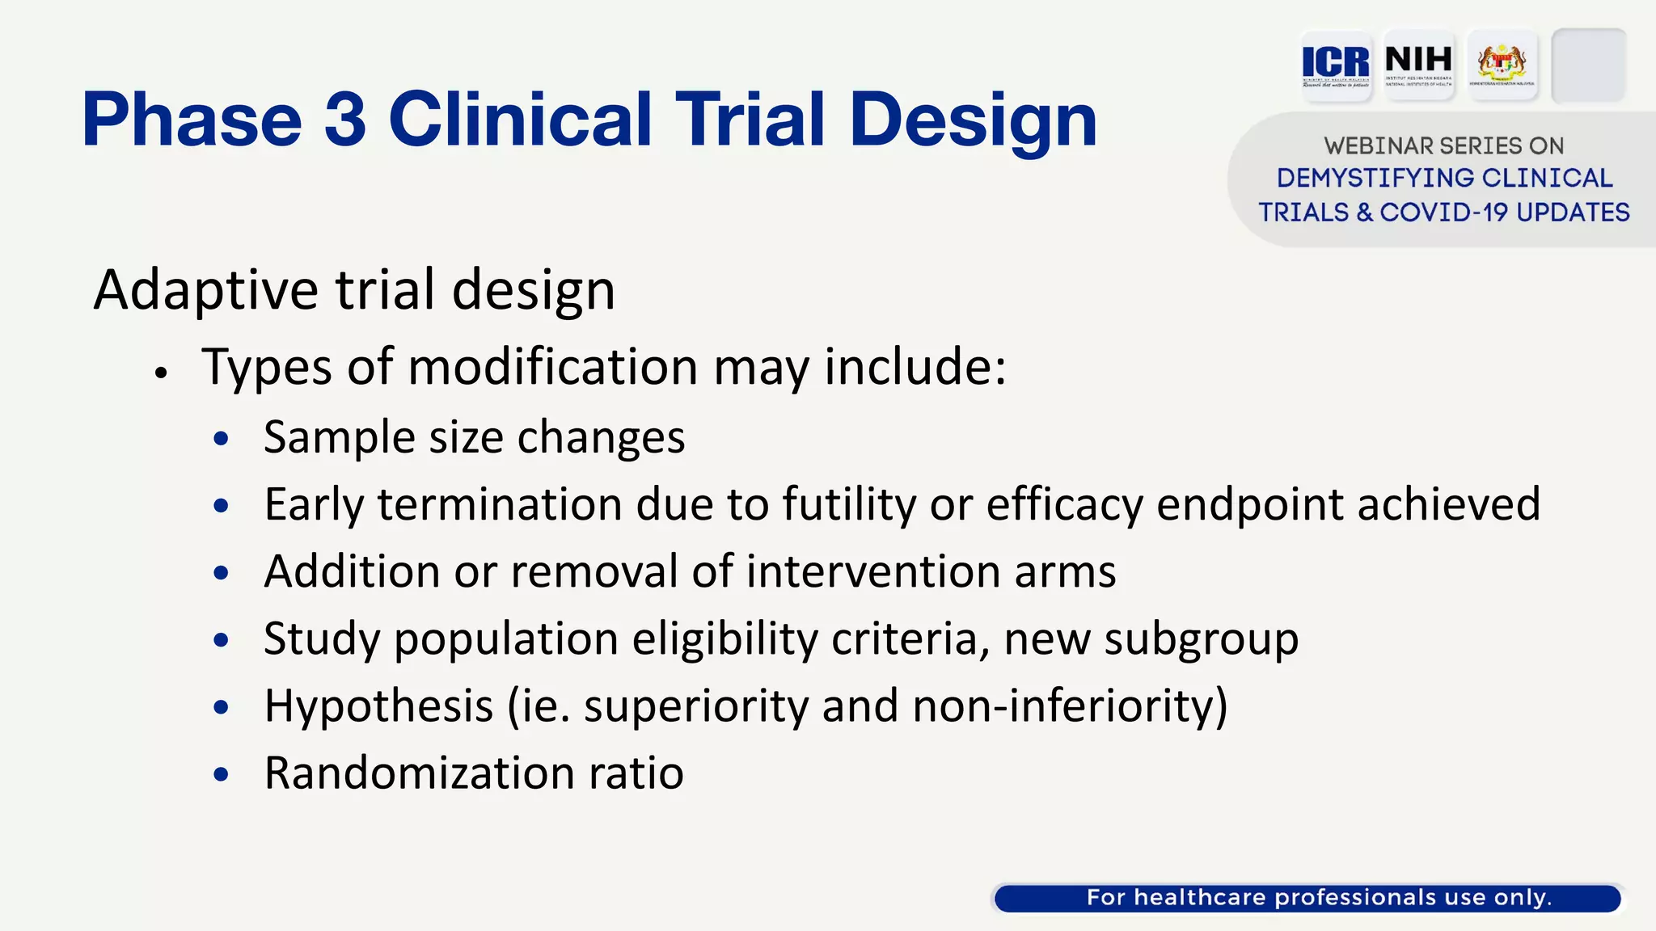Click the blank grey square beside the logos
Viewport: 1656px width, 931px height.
[1588, 65]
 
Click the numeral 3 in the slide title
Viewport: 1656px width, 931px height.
[345, 120]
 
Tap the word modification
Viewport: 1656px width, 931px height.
[553, 368]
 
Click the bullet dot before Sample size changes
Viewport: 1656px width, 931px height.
[221, 439]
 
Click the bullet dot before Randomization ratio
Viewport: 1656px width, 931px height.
[221, 774]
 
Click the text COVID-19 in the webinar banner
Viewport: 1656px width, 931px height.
[1443, 213]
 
